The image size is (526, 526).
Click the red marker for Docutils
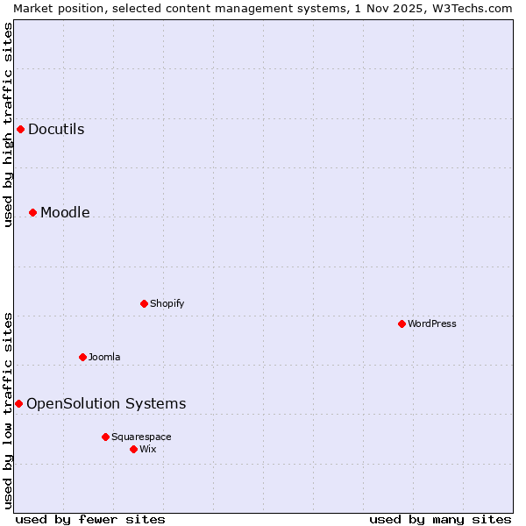pos(20,129)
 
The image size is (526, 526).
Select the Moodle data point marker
pos(32,212)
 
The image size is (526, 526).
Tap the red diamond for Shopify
pos(144,303)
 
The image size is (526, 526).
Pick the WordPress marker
pos(402,323)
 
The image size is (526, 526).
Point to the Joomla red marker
pos(82,357)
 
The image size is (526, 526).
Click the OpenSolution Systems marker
pos(18,403)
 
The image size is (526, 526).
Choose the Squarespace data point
pos(105,437)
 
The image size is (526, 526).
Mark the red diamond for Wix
pos(133,449)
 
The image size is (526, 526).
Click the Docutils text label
pos(56,129)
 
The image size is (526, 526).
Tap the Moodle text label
pos(65,212)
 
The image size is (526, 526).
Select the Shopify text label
pos(167,303)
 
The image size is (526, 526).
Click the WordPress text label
pos(431,323)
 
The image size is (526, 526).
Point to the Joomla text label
pos(104,357)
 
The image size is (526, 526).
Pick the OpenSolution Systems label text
pos(106,403)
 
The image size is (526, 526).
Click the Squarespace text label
pos(141,437)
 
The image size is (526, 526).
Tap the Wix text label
pos(147,449)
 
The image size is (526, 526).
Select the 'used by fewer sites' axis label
pos(90,519)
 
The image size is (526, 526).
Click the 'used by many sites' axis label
pos(440,519)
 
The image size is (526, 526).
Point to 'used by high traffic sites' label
pos(8,124)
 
